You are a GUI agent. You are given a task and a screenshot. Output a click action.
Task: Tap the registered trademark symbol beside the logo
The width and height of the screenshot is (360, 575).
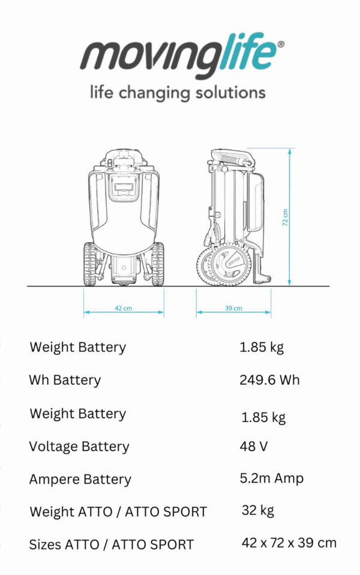[x=281, y=44]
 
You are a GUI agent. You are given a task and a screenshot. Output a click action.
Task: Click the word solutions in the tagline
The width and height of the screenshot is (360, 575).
[x=230, y=92]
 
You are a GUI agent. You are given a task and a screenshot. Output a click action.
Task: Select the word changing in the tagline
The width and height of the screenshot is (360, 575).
[x=154, y=93]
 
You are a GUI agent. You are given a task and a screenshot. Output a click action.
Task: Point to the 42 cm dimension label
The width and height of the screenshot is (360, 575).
[x=123, y=308]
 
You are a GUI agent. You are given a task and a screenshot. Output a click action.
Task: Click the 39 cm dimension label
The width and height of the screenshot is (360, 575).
[x=233, y=308]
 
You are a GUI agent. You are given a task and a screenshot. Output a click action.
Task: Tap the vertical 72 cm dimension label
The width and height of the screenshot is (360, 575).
[x=285, y=217]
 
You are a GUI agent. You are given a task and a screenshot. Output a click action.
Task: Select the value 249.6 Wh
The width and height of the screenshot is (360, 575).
[x=269, y=380]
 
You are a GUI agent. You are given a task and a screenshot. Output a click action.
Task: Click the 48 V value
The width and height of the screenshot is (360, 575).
[x=254, y=447]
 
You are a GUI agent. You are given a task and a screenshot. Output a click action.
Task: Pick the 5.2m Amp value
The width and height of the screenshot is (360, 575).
[x=272, y=478]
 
